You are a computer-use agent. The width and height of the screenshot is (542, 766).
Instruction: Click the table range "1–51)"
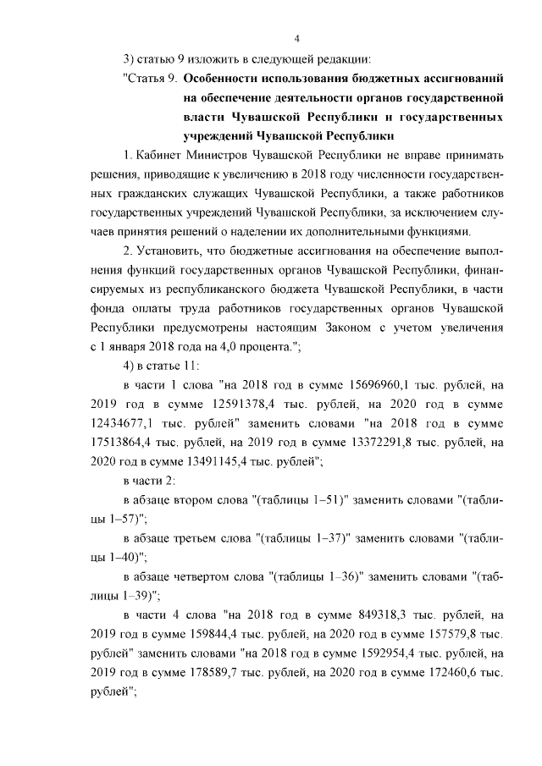click(x=329, y=500)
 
